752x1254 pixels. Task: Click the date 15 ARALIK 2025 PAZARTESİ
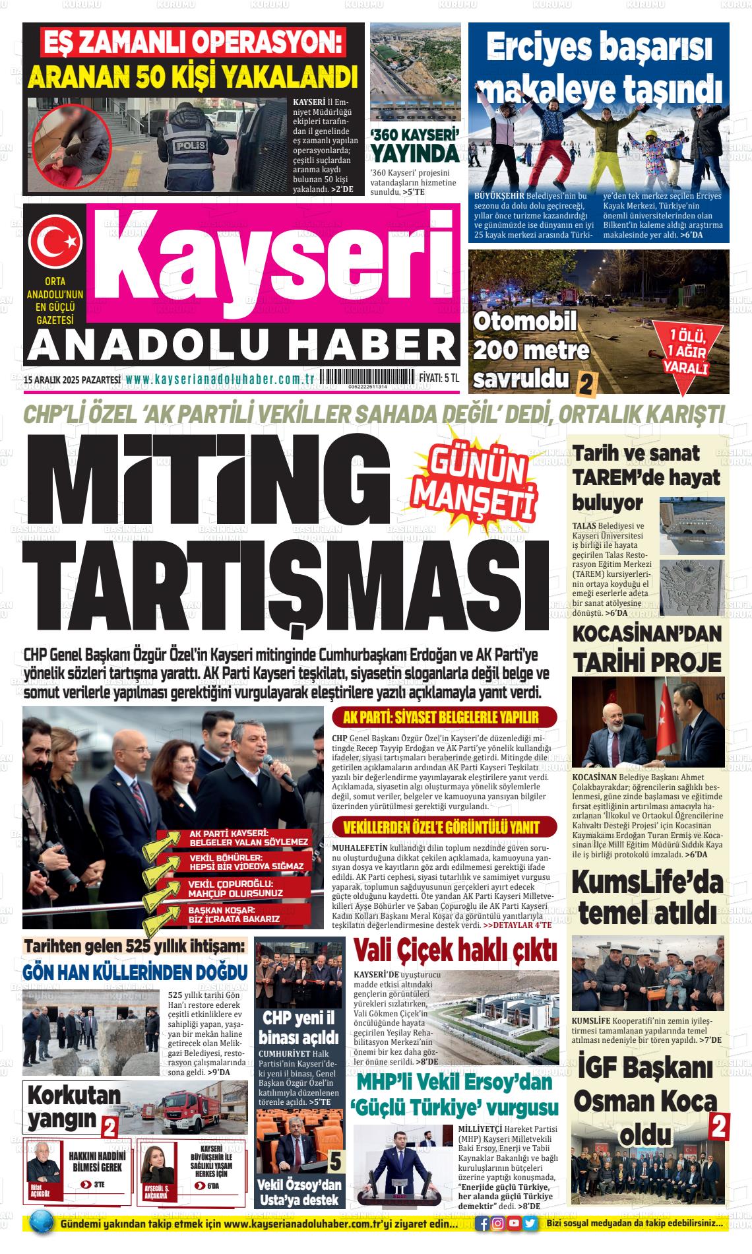point(71,379)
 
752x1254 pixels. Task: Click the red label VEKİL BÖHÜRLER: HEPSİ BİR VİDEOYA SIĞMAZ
point(245,862)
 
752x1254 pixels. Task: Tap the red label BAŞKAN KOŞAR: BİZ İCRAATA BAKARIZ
point(234,915)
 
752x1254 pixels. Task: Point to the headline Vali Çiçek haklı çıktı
point(455,950)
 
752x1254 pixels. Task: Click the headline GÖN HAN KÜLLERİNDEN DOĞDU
point(135,972)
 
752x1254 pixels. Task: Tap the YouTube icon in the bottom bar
point(515,1223)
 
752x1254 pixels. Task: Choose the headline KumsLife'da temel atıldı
point(650,898)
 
